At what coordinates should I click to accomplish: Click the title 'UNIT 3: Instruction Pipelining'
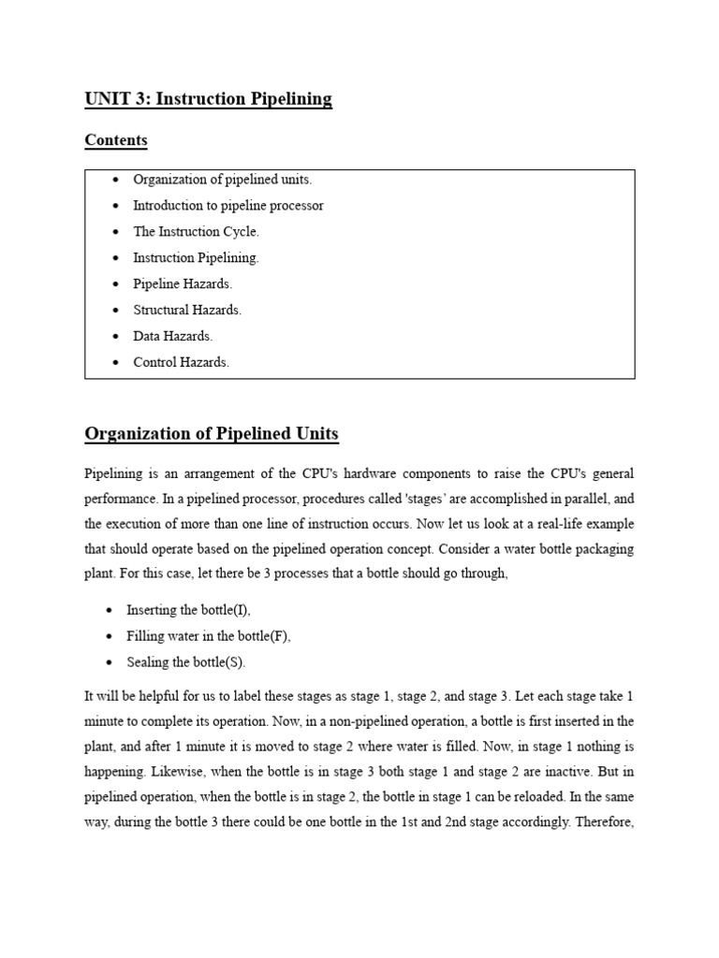pyautogui.click(x=208, y=99)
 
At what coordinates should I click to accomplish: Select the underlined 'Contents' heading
pyautogui.click(x=116, y=140)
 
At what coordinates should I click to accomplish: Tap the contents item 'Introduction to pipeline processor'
pyautogui.click(x=228, y=206)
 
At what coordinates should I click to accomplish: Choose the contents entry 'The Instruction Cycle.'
pyautogui.click(x=196, y=232)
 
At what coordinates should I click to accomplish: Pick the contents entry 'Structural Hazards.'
pyautogui.click(x=187, y=310)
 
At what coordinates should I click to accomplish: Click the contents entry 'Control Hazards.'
pyautogui.click(x=181, y=362)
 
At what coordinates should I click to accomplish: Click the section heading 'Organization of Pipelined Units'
pyautogui.click(x=212, y=434)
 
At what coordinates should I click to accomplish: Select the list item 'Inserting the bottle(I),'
pyautogui.click(x=188, y=610)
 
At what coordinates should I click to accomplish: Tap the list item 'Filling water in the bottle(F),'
pyautogui.click(x=209, y=636)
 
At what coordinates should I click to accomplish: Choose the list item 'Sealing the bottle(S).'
pyautogui.click(x=186, y=662)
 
